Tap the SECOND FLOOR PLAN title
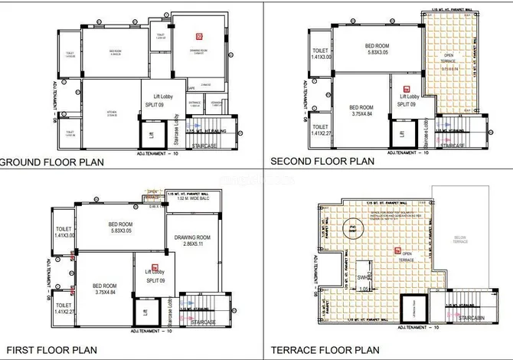[x=322, y=161]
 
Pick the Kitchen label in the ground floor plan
[x=112, y=114]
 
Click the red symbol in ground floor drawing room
[x=198, y=35]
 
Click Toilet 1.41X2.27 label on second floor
[x=320, y=131]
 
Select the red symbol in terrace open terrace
[x=397, y=250]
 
